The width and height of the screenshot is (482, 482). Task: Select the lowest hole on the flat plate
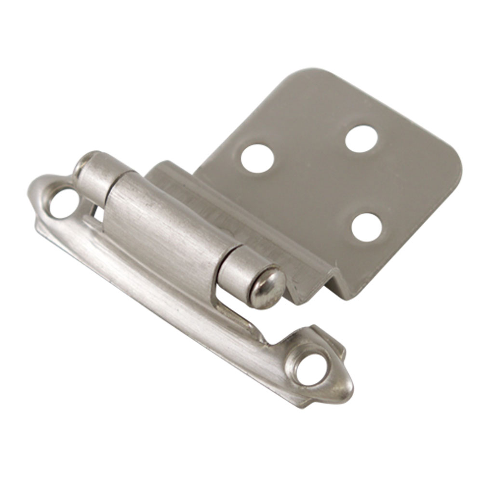tap(367, 227)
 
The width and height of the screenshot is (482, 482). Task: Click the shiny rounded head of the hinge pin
tap(267, 288)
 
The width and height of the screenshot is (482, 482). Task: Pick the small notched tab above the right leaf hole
tap(328, 337)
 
